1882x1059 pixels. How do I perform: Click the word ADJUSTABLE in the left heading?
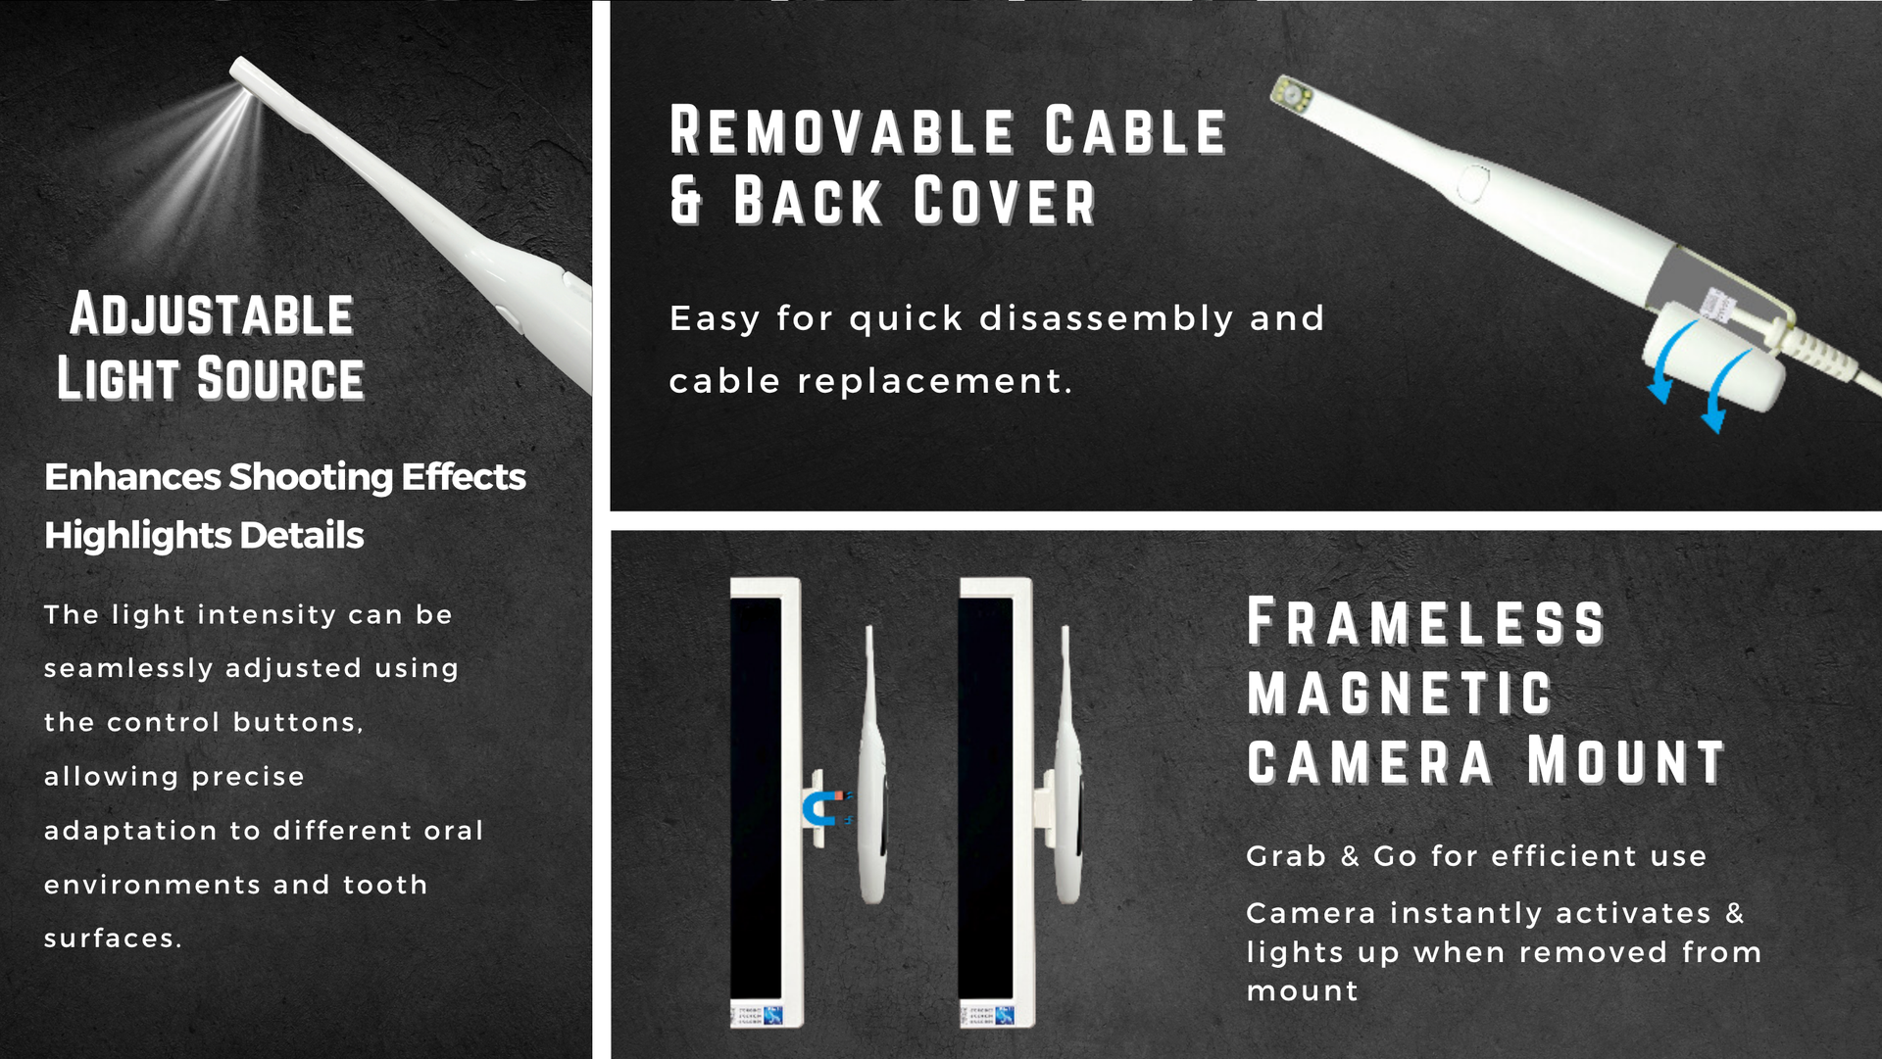coord(212,314)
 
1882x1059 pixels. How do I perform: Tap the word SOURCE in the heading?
coord(280,379)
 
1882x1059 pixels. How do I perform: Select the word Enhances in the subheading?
coord(133,477)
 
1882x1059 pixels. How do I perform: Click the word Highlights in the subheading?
coord(137,536)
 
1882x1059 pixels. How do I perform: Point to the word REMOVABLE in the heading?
coord(843,131)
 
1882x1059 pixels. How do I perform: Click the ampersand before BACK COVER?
coord(686,201)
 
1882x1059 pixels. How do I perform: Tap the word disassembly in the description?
coord(1107,318)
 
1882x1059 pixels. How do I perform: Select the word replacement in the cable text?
coord(928,381)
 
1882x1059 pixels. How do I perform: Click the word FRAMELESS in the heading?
coord(1426,622)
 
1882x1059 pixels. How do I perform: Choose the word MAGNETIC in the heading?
coord(1400,693)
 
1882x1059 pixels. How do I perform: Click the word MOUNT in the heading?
coord(1626,761)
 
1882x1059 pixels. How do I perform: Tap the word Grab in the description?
coord(1286,856)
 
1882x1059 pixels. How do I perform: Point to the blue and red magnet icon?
coord(823,808)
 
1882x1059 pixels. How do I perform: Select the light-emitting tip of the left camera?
coord(243,75)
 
